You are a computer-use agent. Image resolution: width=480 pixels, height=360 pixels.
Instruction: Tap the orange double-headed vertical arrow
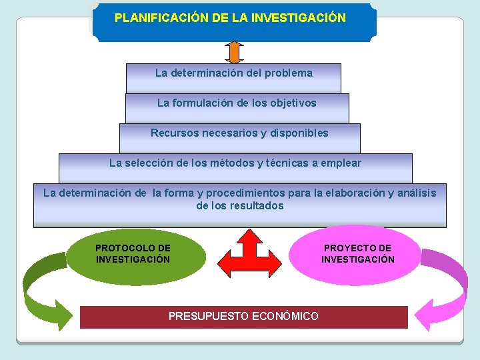point(234,52)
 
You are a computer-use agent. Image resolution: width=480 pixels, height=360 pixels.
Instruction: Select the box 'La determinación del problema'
point(233,77)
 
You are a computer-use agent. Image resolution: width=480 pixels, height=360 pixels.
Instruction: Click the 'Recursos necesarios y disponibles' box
point(239,137)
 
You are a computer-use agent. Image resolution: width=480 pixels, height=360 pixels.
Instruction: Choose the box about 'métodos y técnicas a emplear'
point(235,167)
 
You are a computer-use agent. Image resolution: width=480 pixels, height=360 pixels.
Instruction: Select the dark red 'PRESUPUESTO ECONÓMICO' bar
point(243,317)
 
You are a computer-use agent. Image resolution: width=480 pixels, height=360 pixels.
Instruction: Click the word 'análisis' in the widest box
point(414,193)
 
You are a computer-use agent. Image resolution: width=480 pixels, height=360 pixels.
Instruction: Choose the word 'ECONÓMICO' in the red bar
point(287,316)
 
